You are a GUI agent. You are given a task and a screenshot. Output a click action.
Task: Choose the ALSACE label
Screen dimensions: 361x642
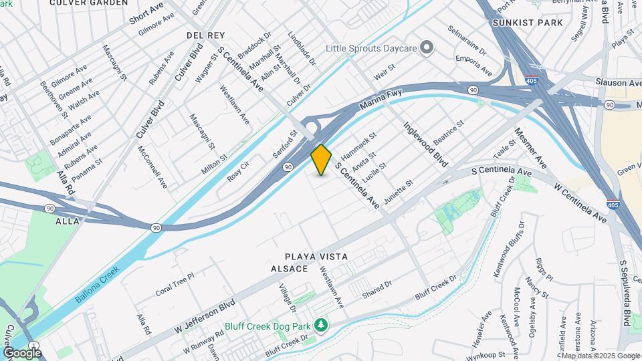point(289,269)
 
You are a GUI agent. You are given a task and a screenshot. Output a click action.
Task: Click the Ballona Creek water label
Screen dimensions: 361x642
point(97,285)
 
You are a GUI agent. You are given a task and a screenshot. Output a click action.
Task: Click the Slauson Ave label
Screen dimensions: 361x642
point(618,82)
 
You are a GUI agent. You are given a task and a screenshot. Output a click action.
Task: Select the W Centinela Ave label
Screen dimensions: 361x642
point(580,199)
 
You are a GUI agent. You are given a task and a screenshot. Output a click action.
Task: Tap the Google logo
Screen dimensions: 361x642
point(22,352)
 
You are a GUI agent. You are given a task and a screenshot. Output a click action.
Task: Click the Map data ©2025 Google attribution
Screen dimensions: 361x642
point(600,356)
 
